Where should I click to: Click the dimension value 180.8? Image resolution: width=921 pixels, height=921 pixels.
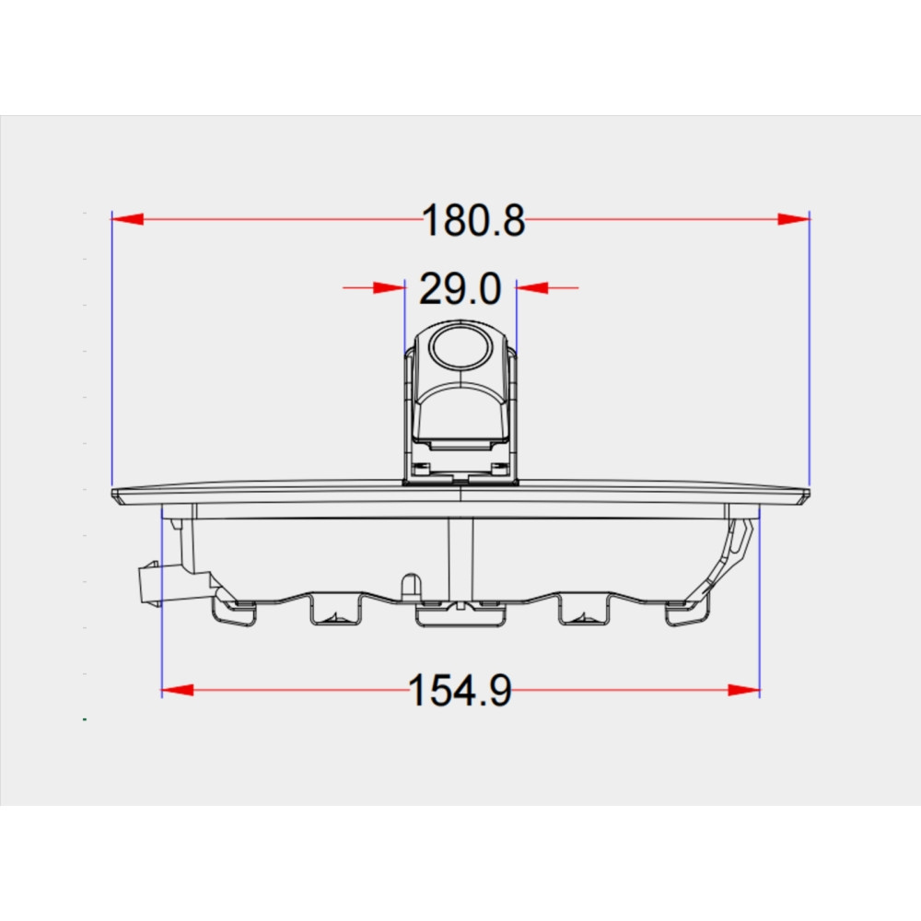click(473, 221)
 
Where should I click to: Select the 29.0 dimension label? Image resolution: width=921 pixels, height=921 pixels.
click(460, 289)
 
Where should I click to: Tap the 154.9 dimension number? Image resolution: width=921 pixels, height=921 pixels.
click(460, 691)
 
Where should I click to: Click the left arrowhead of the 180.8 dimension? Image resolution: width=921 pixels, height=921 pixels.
click(128, 219)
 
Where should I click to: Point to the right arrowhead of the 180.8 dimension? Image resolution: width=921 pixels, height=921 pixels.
click(792, 219)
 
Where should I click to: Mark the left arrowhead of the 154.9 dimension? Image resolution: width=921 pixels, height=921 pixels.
click(178, 690)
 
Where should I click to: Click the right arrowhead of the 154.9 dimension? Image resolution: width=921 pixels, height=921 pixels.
click(743, 690)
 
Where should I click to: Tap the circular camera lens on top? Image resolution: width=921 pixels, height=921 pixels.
click(458, 348)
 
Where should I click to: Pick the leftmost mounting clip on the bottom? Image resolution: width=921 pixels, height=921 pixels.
click(232, 612)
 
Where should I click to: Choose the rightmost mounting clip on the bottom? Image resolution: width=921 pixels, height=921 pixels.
click(686, 613)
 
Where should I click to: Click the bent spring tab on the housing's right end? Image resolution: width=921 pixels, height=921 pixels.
click(739, 543)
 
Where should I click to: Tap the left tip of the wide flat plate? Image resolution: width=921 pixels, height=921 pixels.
click(116, 495)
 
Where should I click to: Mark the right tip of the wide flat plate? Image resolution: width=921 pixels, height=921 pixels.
click(805, 495)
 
